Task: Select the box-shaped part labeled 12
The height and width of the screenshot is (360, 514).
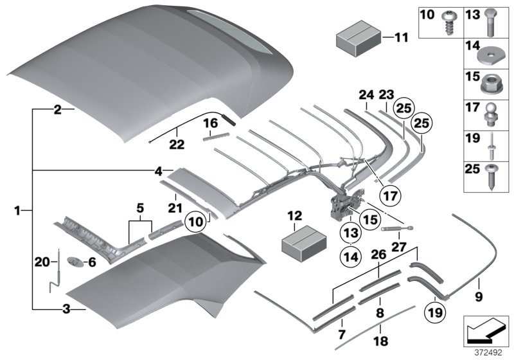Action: pos(301,243)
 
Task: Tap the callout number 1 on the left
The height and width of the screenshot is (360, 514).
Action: pos(17,210)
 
